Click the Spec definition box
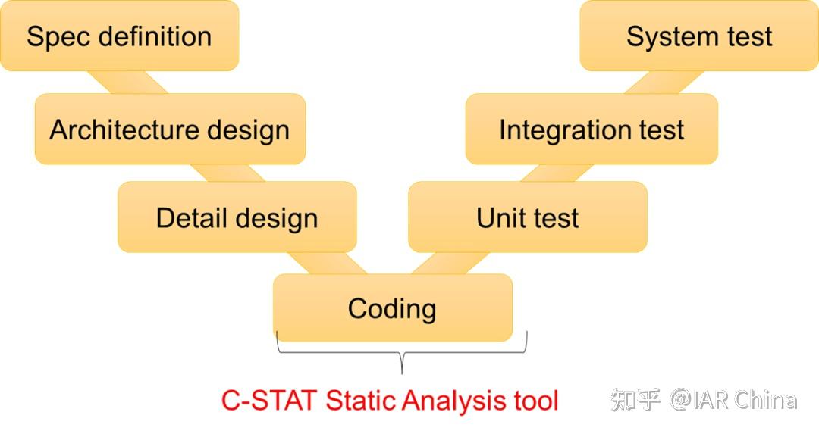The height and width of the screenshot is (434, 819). [119, 36]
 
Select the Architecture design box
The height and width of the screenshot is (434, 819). [170, 129]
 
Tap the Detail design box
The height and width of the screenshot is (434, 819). [237, 217]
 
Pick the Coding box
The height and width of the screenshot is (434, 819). [392, 308]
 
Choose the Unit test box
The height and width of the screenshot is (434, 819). [527, 217]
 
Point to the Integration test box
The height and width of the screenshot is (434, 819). [591, 129]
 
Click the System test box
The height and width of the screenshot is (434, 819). [698, 36]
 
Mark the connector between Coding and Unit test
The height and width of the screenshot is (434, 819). [450, 263]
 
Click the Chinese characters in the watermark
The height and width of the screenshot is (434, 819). [636, 399]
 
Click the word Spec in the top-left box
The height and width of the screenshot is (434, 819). [59, 36]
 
